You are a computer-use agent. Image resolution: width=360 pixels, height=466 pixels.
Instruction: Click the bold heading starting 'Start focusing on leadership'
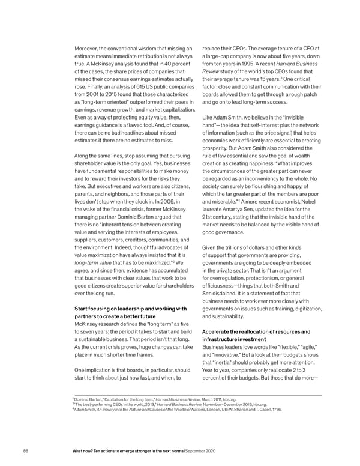pos(133,310)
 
